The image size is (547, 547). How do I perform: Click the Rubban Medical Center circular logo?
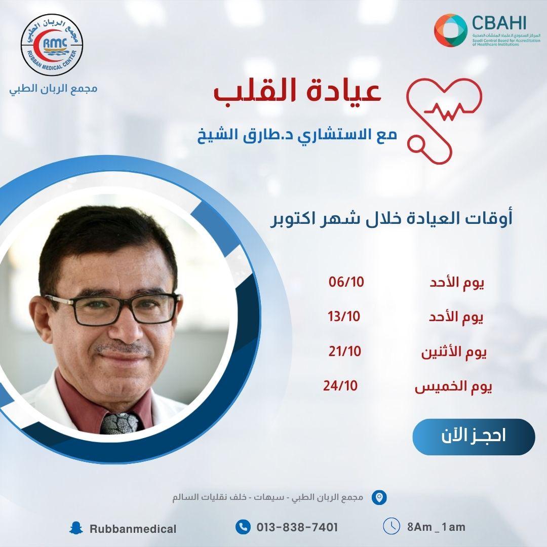click(x=52, y=45)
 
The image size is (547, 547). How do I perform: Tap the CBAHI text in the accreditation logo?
click(x=499, y=23)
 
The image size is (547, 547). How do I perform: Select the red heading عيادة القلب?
click(x=297, y=92)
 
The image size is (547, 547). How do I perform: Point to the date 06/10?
click(x=346, y=282)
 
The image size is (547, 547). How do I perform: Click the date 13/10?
click(x=343, y=317)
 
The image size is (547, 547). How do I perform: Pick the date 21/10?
click(x=345, y=351)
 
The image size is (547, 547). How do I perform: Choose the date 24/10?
click(x=340, y=385)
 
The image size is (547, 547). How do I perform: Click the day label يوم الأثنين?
click(x=454, y=353)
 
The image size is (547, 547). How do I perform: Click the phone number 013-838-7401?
click(x=297, y=527)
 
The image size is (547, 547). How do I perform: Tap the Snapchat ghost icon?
click(x=76, y=528)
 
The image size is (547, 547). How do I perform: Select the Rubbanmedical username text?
click(x=133, y=529)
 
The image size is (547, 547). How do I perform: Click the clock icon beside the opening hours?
click(x=392, y=526)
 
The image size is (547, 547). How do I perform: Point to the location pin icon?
click(x=379, y=497)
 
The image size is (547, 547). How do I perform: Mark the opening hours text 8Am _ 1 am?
click(x=436, y=527)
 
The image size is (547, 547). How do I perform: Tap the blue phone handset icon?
click(x=243, y=527)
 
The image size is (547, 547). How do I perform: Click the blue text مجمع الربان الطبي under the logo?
click(x=53, y=89)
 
